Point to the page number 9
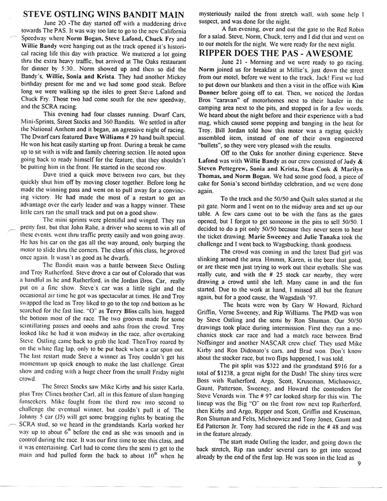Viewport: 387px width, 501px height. (x=359, y=465)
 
